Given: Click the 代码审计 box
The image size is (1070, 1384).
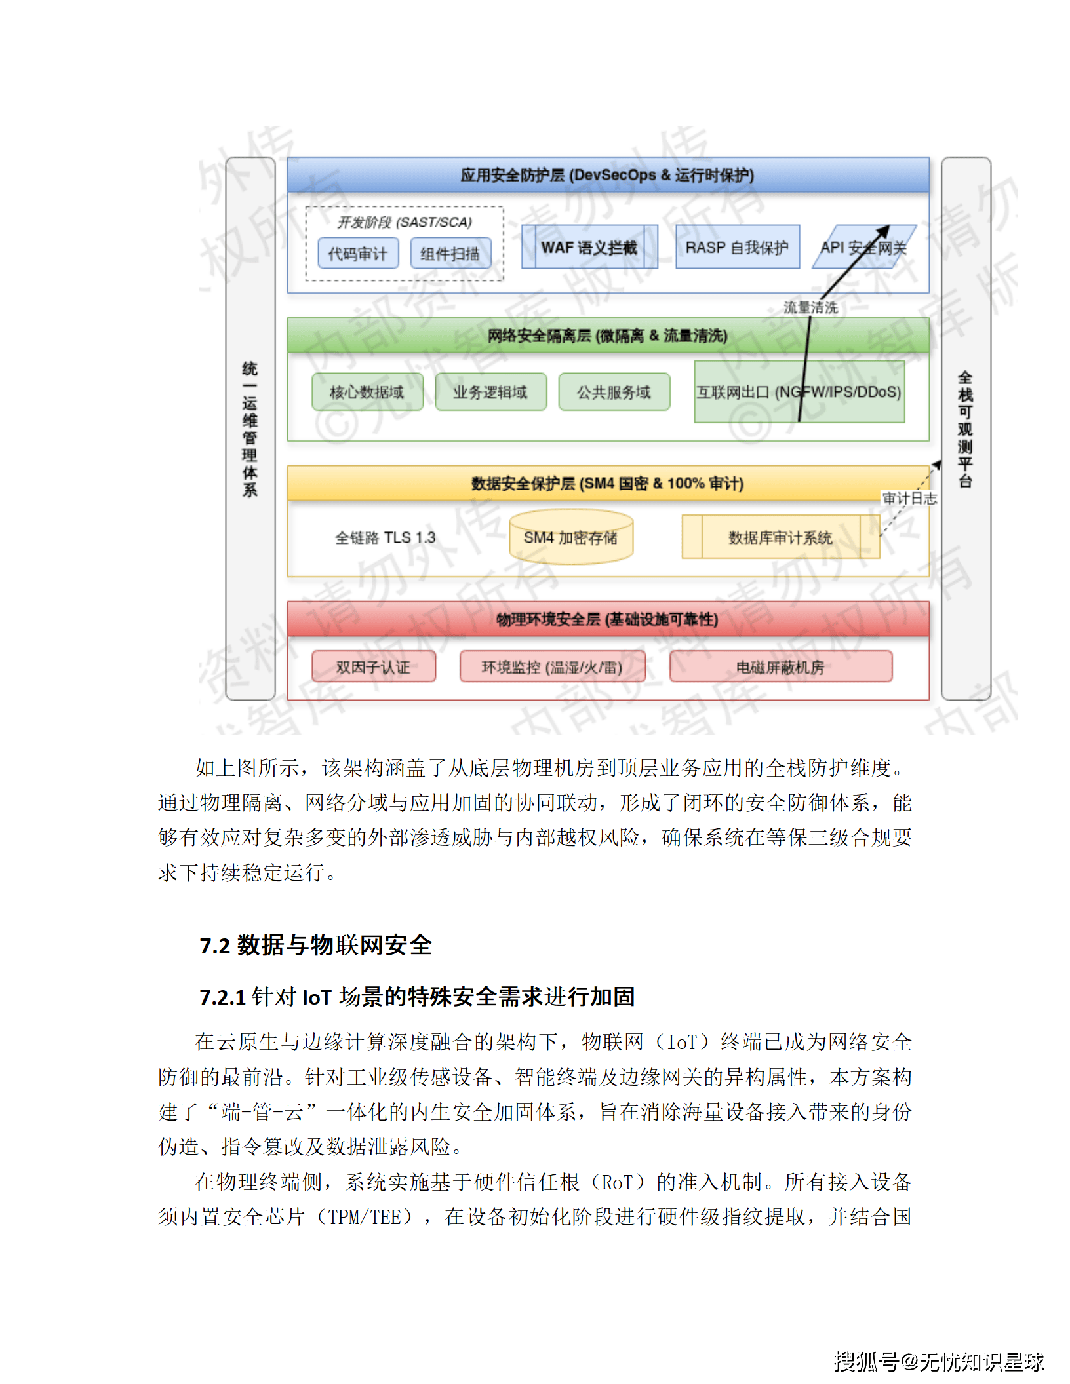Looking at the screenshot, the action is point(358,254).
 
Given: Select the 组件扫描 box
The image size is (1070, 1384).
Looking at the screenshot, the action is point(450,254).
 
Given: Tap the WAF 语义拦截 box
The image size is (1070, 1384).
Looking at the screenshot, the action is point(589,247).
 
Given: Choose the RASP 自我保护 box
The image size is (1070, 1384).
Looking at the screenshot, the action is point(737,247).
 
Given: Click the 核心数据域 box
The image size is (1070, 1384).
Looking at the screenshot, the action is point(367,392).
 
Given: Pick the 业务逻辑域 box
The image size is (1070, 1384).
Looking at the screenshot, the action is point(490,392).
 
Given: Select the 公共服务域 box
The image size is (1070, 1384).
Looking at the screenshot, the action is point(614,392).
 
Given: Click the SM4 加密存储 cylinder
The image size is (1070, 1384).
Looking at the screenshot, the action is point(570,537).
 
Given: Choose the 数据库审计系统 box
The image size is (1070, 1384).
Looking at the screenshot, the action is point(780,537).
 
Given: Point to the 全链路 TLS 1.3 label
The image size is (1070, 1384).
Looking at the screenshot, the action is point(386,537).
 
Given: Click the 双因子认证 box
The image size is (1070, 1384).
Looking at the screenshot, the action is point(373,666).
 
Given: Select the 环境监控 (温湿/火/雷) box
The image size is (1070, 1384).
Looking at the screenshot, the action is point(552,666).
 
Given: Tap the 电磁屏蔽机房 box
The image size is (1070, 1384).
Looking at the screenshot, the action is point(780,666).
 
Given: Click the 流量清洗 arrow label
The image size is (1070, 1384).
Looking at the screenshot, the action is point(810,307).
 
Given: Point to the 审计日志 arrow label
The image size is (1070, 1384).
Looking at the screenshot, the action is point(909,498).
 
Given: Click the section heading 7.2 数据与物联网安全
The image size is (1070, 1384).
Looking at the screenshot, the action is point(316,945).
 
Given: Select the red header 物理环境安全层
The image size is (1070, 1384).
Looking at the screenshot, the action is point(607,619).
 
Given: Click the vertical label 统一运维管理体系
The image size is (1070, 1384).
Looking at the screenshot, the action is point(250,429).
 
